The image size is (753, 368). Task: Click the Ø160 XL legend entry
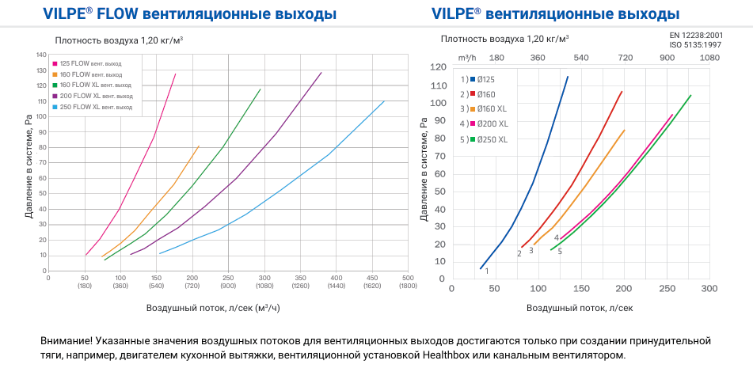(x=492, y=108)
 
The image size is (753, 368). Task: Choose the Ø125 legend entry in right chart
(x=486, y=79)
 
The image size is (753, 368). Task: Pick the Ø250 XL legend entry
(x=492, y=138)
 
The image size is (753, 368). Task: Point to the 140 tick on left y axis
(x=41, y=55)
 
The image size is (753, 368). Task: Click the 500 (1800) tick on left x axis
(x=408, y=282)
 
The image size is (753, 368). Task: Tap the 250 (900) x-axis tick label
(x=228, y=282)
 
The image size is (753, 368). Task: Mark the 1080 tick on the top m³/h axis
(x=709, y=57)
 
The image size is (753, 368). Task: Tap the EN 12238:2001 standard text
(x=696, y=35)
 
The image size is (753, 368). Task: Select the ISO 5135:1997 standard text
(x=696, y=45)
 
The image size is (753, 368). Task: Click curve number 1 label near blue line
(x=486, y=271)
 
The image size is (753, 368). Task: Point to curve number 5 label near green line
(x=560, y=252)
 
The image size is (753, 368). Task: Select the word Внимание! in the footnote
(x=66, y=340)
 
